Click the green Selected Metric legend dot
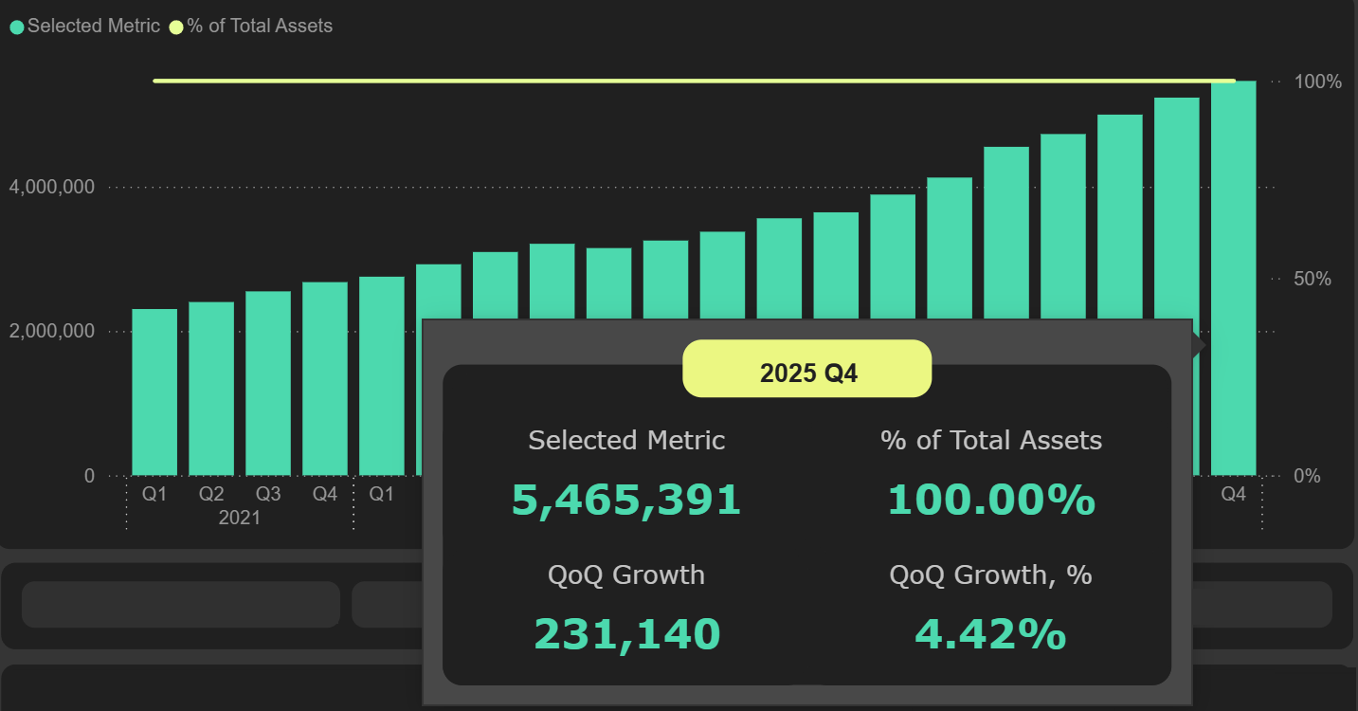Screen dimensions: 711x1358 click(17, 27)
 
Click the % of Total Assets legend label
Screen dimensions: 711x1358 click(260, 27)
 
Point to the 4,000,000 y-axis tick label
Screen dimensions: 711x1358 click(52, 188)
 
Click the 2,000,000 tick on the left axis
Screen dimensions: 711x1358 click(52, 332)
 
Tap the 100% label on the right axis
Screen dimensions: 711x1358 click(1319, 82)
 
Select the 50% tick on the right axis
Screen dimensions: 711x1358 click(1313, 280)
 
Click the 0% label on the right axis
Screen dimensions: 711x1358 click(1308, 476)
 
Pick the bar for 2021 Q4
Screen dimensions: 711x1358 click(325, 378)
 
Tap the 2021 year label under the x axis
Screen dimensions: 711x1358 click(239, 519)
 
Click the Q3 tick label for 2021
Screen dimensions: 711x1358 click(268, 495)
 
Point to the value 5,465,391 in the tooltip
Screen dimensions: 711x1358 click(625, 500)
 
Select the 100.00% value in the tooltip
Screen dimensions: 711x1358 click(991, 500)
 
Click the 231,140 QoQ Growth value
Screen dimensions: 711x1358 click(626, 634)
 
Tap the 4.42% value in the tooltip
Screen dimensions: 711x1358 click(990, 634)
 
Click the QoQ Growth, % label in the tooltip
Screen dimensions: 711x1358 click(990, 574)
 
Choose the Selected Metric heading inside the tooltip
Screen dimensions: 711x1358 click(626, 440)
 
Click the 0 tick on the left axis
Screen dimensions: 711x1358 click(89, 476)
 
